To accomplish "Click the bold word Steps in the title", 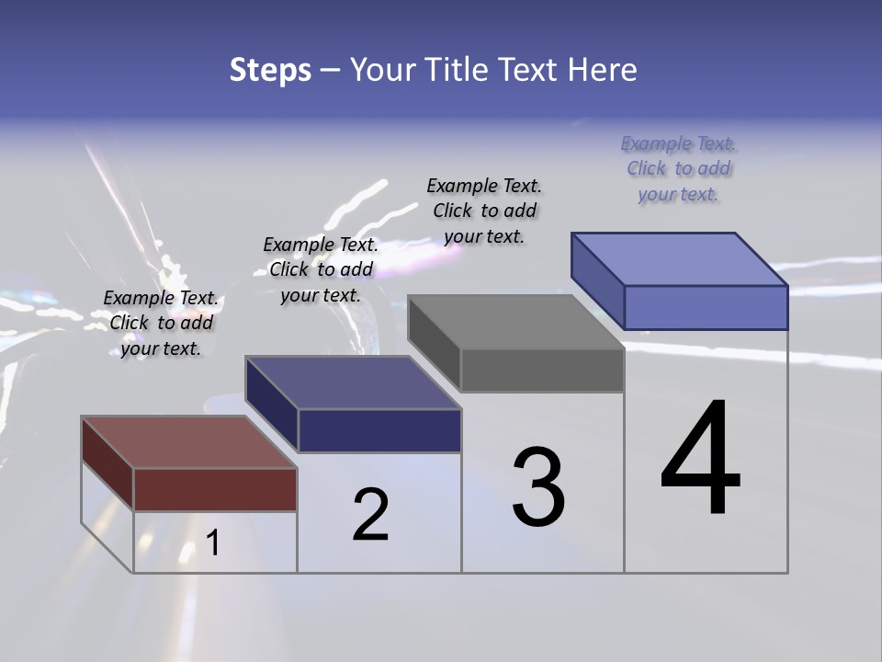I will point(270,70).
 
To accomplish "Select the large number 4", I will point(700,460).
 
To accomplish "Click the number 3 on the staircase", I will point(538,487).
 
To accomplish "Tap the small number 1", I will point(213,542).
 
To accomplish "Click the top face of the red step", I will point(188,442).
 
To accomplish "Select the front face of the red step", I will point(215,489).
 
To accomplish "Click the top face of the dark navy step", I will point(353,382).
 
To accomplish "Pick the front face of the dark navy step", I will point(379,430).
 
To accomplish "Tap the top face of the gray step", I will point(516,322).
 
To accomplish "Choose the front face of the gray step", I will point(542,371).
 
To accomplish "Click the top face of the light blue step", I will point(680,259).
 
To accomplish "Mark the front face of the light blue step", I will point(706,307).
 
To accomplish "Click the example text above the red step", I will point(161,324).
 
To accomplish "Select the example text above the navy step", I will point(321,270).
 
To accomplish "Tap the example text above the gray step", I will point(484,211).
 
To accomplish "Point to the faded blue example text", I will point(678,169).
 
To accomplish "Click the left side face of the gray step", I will point(434,342).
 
